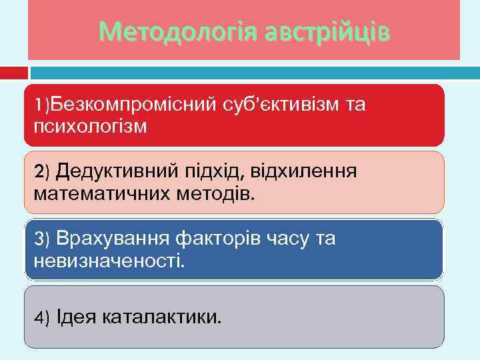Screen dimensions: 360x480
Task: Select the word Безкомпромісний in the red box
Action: tap(133, 104)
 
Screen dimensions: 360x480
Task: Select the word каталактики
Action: tap(162, 315)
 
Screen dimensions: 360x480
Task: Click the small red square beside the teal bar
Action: tap(14, 72)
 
